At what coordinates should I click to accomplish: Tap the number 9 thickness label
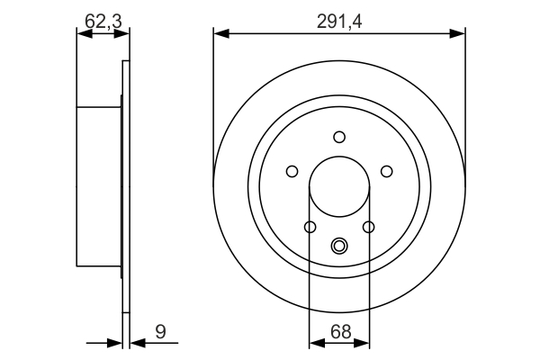tap(160, 331)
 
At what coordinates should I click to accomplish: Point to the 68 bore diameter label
tap(339, 331)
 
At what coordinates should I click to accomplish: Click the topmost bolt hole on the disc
tap(339, 137)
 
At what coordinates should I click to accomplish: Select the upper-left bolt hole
tap(292, 171)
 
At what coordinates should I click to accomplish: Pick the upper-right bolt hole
tap(387, 171)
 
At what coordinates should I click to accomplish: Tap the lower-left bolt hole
tap(310, 227)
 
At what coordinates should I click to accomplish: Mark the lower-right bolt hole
tap(369, 227)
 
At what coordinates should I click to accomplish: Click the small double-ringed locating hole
tap(339, 244)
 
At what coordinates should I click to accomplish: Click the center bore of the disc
tap(339, 187)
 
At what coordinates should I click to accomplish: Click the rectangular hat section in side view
tap(99, 187)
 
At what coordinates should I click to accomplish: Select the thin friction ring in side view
tap(126, 187)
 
